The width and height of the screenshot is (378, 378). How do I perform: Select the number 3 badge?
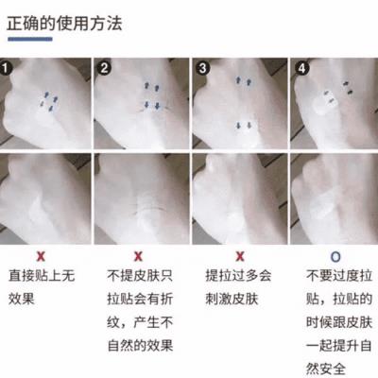coord(200,68)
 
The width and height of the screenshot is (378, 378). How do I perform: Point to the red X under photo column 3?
coord(239,256)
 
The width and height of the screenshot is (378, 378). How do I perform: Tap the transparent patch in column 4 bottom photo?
coord(326,199)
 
